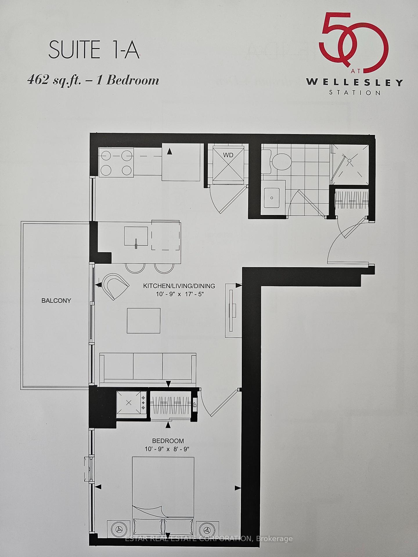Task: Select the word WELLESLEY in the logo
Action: [354, 82]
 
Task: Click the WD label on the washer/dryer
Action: [228, 155]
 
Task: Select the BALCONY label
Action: [56, 301]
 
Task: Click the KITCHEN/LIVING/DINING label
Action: [179, 286]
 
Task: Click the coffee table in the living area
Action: [143, 321]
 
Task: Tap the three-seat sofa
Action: [147, 368]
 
